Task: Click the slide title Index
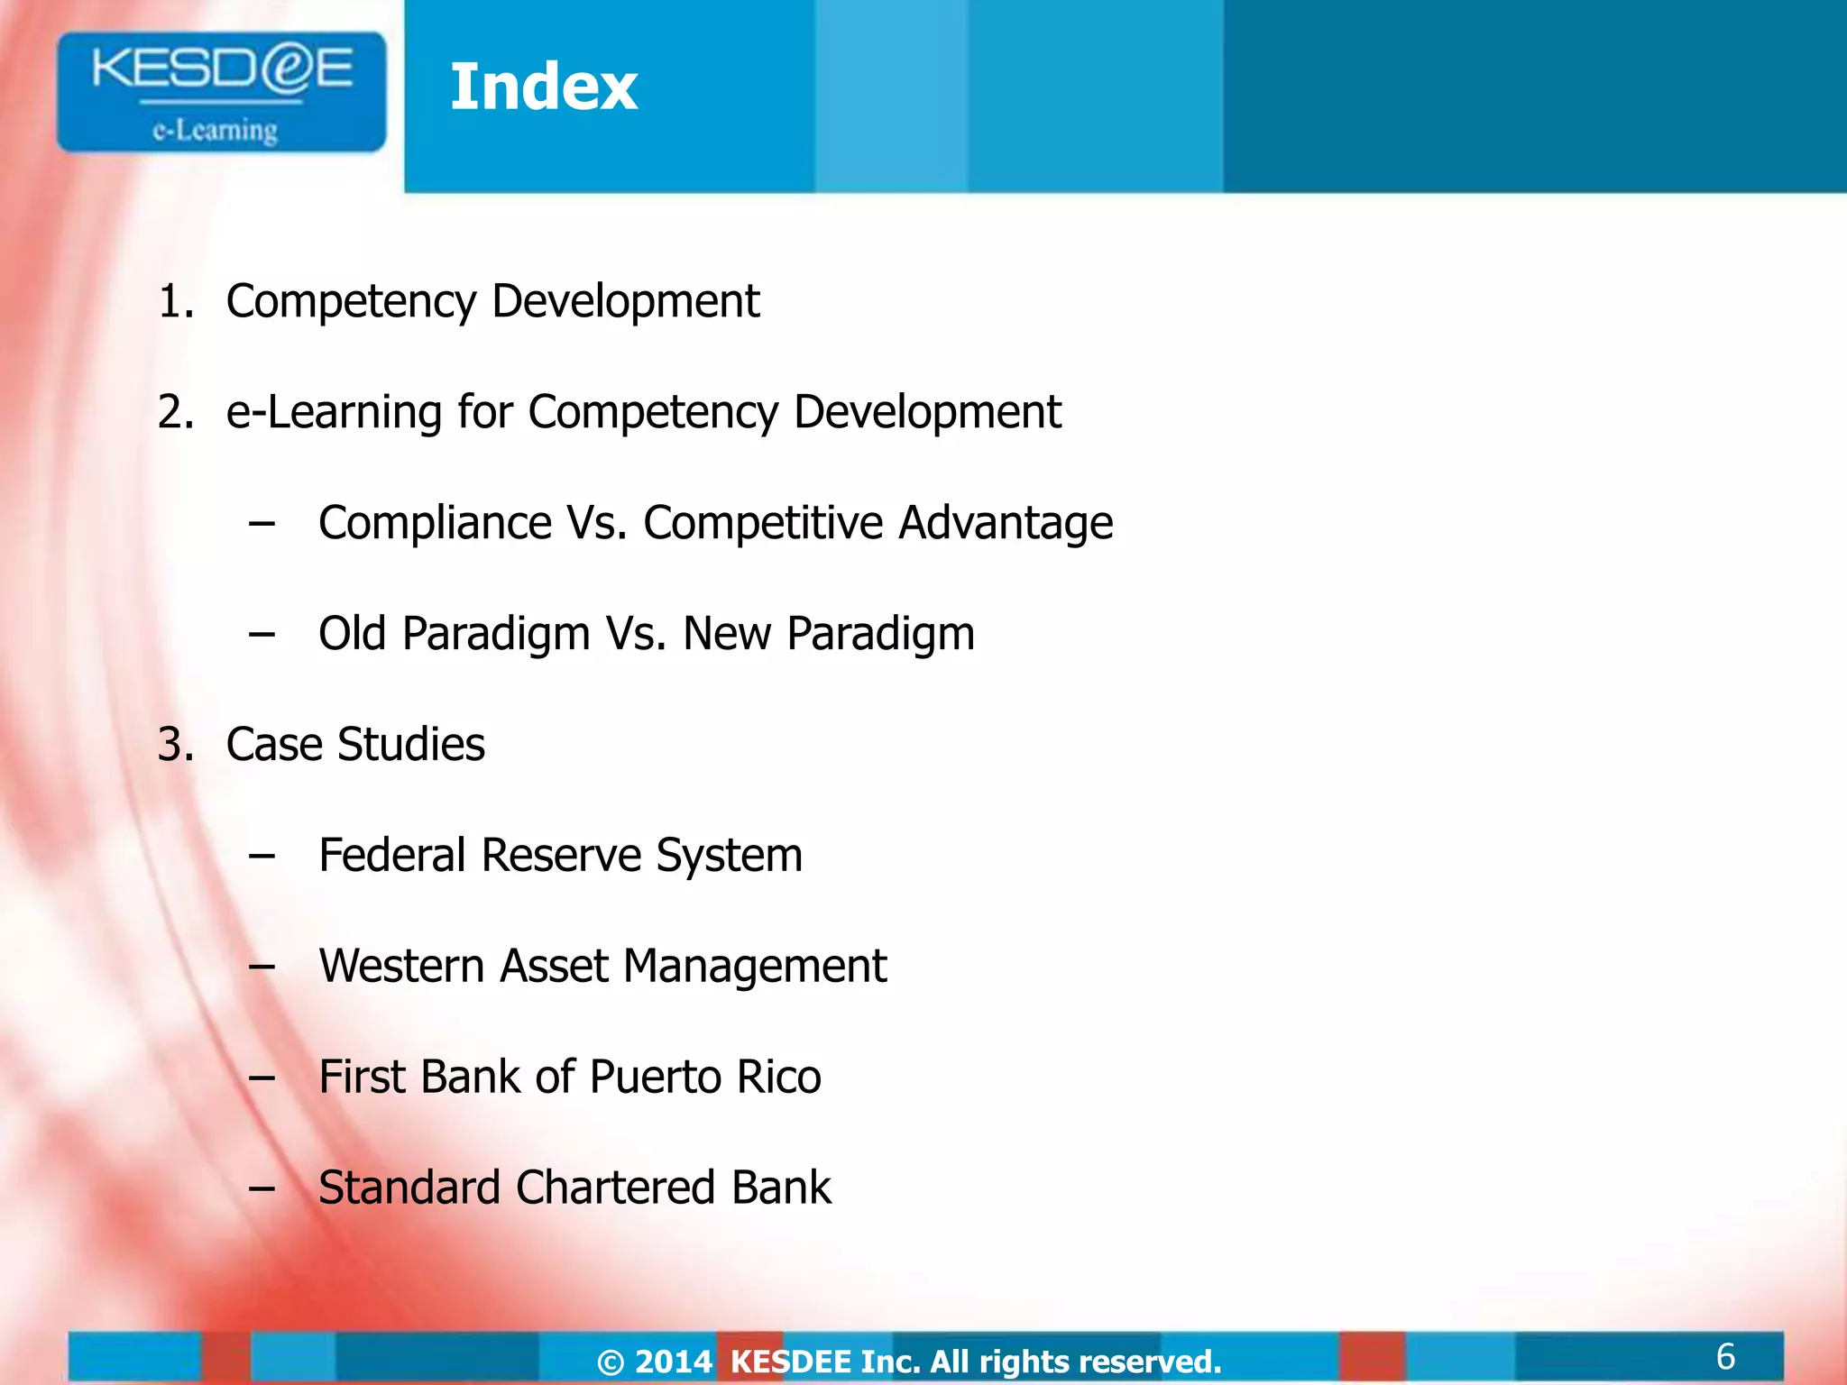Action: point(544,87)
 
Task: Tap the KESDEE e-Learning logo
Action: point(221,92)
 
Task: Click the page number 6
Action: point(1725,1356)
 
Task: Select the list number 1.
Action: point(175,301)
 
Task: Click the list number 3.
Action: point(175,745)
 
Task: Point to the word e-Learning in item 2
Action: point(333,412)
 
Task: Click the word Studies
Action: point(411,745)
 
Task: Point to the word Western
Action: point(401,967)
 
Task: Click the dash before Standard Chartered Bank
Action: point(262,1189)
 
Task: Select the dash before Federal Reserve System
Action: point(262,857)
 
